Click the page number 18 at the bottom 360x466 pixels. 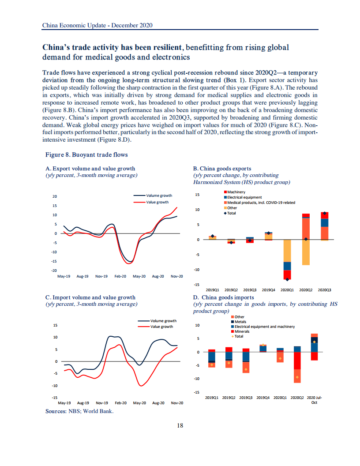[180, 425]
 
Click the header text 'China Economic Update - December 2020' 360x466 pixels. [97, 26]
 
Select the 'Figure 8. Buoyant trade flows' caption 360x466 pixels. [86, 155]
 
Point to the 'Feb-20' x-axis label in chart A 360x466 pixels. [120, 276]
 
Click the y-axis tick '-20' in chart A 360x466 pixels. [55, 270]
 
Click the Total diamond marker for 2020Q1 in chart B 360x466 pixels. [287, 279]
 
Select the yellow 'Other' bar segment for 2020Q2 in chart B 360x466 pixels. [306, 252]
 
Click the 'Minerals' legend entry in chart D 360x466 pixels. [242, 331]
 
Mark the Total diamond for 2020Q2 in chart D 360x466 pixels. [297, 377]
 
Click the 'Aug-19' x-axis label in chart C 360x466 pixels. [83, 403]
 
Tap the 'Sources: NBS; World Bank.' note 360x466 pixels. [79, 411]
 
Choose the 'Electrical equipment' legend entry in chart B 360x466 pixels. [244, 197]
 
